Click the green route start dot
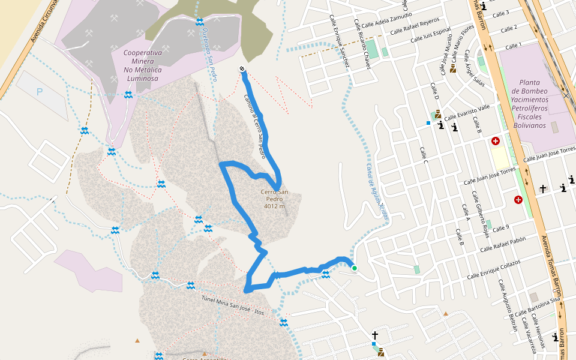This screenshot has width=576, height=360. pyautogui.click(x=355, y=268)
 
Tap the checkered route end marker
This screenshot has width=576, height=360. pyautogui.click(x=242, y=70)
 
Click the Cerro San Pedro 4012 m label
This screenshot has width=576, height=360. pyautogui.click(x=274, y=199)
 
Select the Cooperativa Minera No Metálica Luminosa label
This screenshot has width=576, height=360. pyautogui.click(x=142, y=65)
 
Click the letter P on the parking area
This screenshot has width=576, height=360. pyautogui.click(x=40, y=92)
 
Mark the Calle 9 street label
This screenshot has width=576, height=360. pyautogui.click(x=502, y=227)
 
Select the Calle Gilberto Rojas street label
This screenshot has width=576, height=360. pyautogui.click(x=481, y=215)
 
